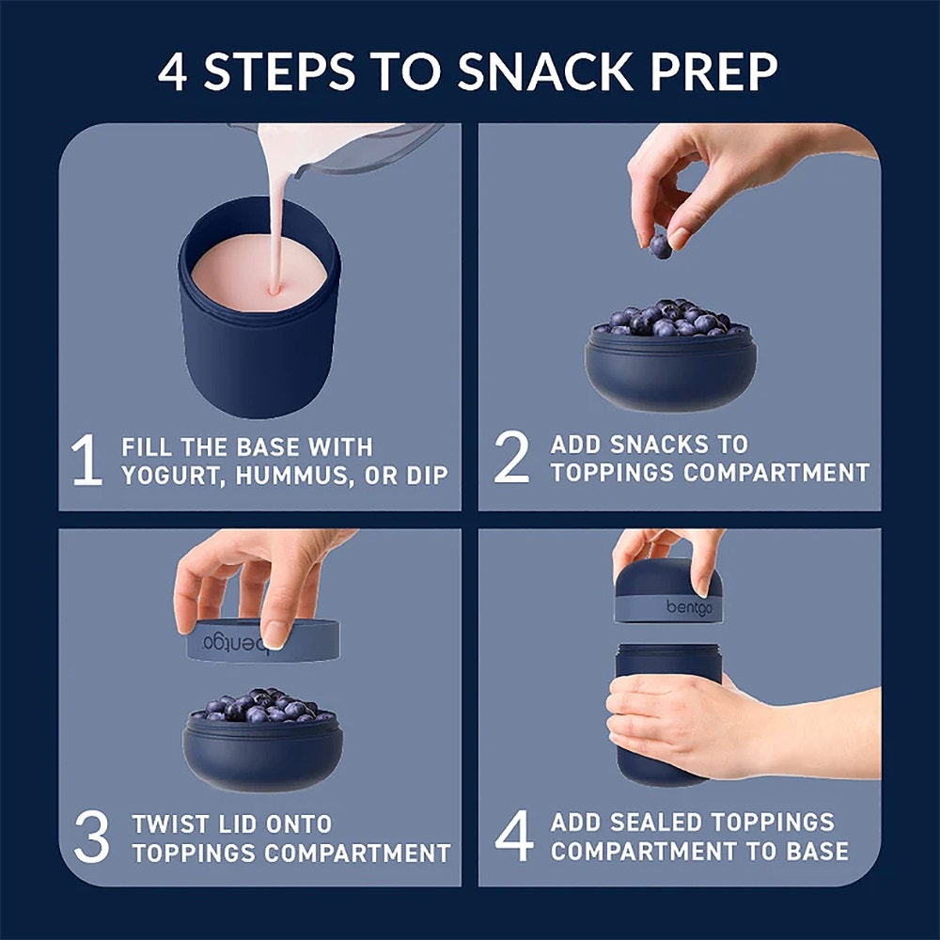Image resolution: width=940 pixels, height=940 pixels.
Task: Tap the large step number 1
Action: (x=86, y=460)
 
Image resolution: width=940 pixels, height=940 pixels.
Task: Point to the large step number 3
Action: (x=92, y=837)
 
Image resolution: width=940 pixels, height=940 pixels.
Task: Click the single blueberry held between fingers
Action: (x=660, y=246)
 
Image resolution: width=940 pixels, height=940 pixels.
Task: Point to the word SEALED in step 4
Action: (x=656, y=822)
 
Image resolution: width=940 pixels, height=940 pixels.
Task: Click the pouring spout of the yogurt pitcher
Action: (x=303, y=171)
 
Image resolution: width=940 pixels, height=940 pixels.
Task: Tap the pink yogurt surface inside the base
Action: (x=259, y=274)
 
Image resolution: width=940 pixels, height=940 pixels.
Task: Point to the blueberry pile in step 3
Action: (x=262, y=704)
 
